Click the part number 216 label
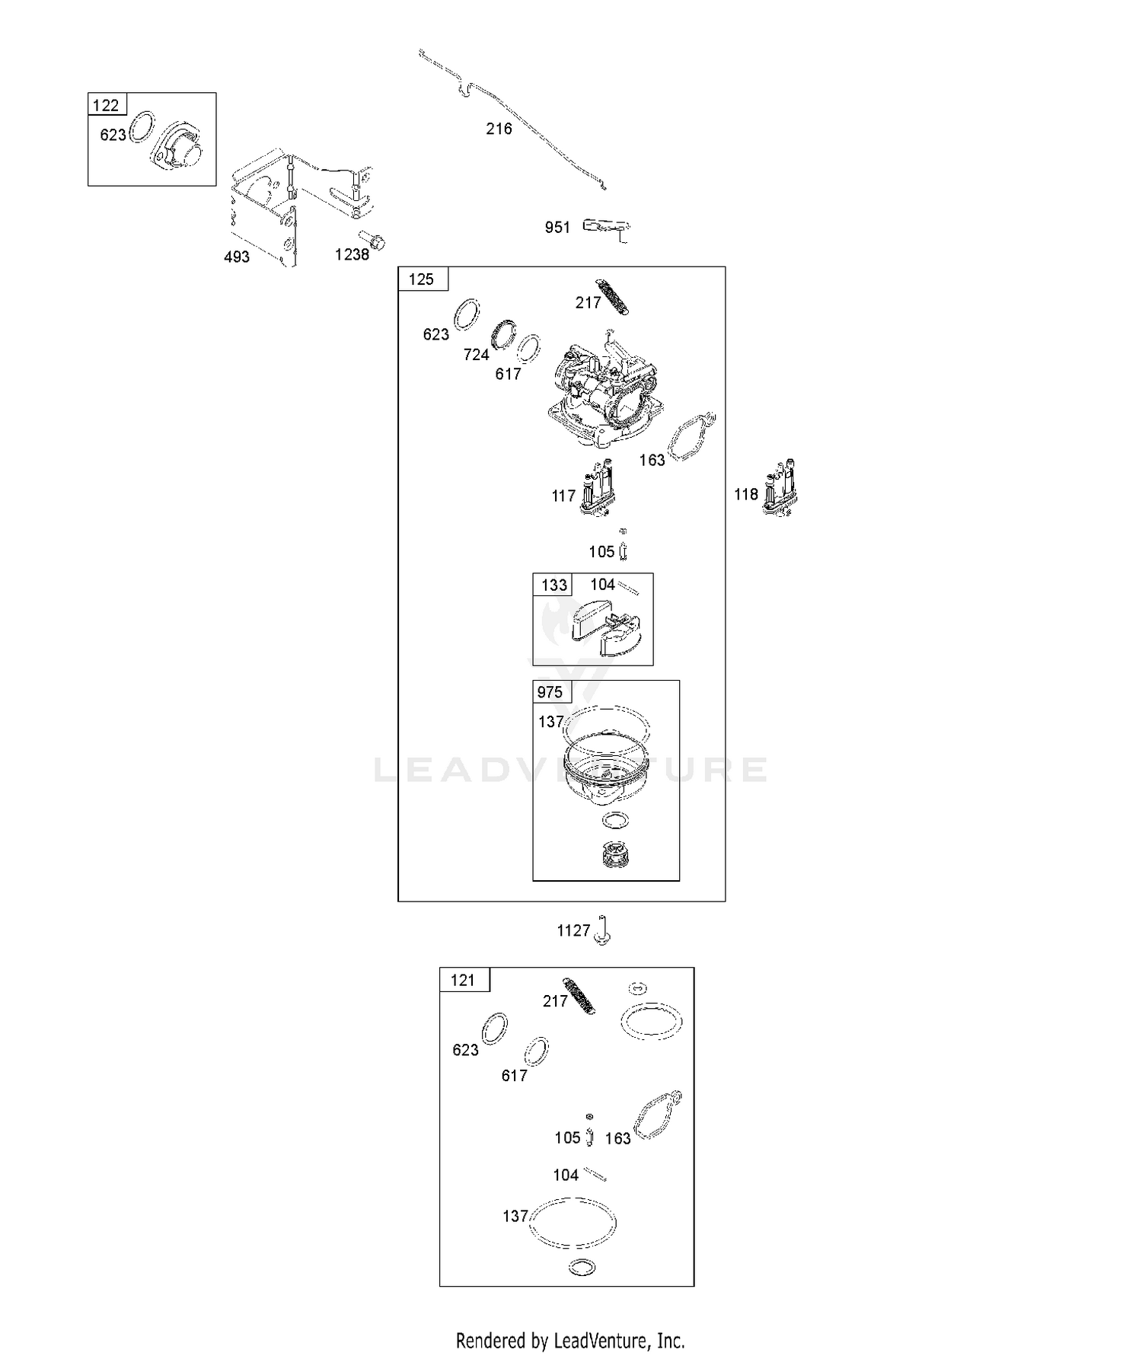click(x=499, y=129)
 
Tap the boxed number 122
click(x=106, y=105)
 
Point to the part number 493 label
click(x=237, y=257)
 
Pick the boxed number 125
click(x=421, y=279)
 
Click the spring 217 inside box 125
click(x=612, y=297)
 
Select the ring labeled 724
click(x=503, y=333)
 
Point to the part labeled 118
click(x=780, y=488)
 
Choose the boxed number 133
click(x=553, y=585)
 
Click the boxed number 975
click(x=550, y=692)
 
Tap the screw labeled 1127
click(x=603, y=929)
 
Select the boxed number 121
click(x=463, y=980)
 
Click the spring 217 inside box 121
click(x=579, y=996)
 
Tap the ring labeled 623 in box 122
click(x=142, y=128)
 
